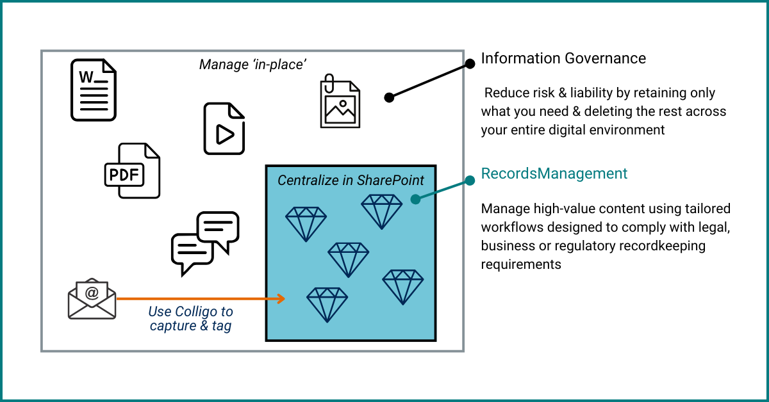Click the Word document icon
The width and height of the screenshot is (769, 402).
(x=94, y=90)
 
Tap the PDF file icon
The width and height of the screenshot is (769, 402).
(x=132, y=171)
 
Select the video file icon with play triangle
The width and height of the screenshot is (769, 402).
(x=224, y=129)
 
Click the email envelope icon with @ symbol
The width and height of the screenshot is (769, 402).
(x=92, y=298)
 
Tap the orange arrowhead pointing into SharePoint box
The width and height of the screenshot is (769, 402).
(x=280, y=298)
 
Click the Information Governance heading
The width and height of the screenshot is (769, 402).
(x=563, y=58)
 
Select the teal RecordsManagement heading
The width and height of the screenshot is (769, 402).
(x=554, y=173)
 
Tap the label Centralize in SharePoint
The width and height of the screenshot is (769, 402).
(x=351, y=181)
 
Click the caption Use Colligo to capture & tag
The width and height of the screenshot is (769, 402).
(x=190, y=319)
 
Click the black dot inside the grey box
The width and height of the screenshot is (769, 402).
(x=389, y=97)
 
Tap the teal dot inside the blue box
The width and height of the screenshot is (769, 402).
(x=415, y=199)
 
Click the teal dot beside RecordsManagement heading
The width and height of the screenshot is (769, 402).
(x=470, y=181)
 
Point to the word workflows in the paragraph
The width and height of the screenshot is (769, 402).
(x=511, y=227)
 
